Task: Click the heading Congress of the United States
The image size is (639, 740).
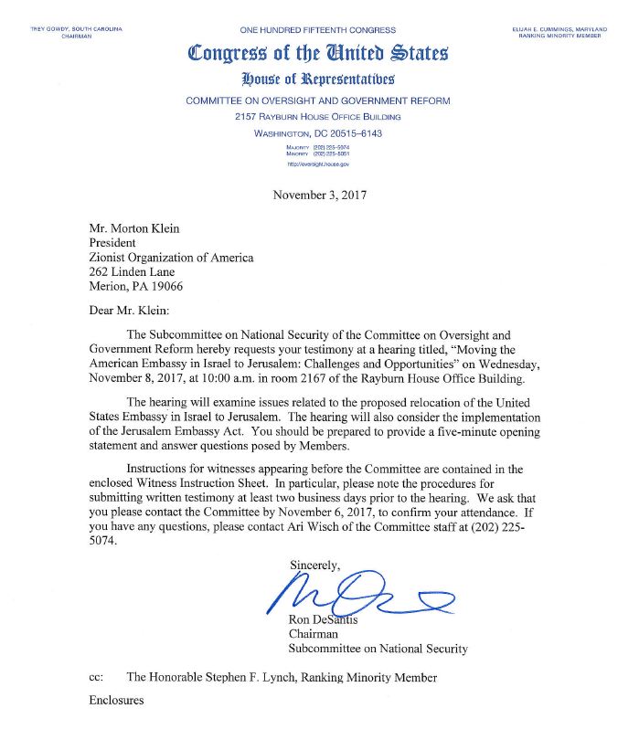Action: click(x=317, y=54)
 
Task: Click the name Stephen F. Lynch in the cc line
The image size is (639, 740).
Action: click(x=247, y=677)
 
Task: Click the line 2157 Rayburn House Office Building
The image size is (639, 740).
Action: click(x=317, y=117)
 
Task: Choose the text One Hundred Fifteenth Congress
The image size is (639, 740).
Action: click(x=317, y=31)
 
